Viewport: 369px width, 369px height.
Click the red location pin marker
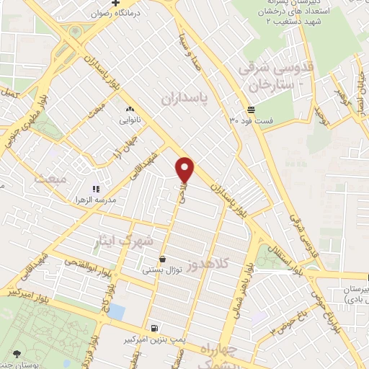click(x=186, y=169)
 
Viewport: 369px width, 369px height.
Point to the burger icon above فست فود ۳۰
click(x=250, y=109)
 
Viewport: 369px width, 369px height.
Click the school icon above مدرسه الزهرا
click(x=96, y=188)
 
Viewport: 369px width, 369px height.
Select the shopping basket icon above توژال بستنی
click(x=162, y=259)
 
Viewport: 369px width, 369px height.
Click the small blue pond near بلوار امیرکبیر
click(x=115, y=313)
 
